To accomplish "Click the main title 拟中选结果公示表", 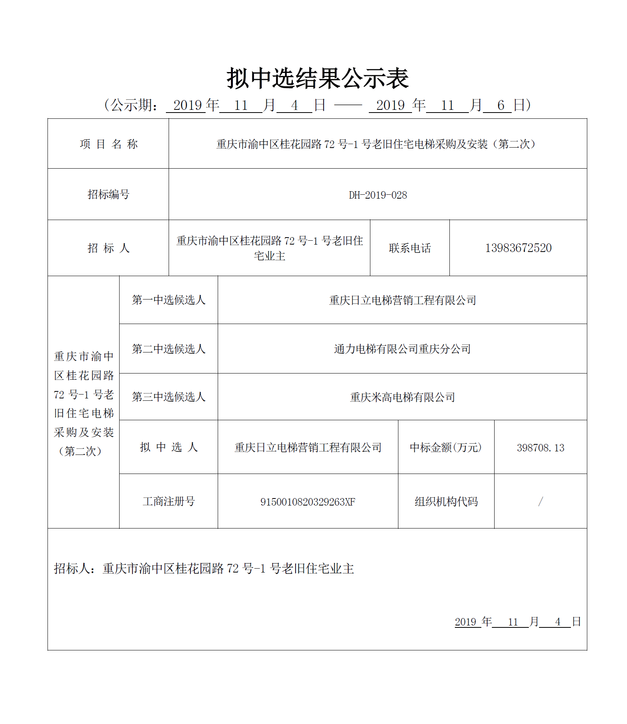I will [x=317, y=78].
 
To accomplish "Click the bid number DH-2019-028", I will [x=378, y=195].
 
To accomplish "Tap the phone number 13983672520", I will [x=518, y=248].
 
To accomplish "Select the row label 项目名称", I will [x=109, y=144].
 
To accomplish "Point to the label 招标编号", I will [x=108, y=194].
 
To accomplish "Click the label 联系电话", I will [x=410, y=248].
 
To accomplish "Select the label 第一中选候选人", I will [x=168, y=300].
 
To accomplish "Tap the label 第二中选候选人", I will [x=168, y=349].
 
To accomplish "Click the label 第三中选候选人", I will [x=168, y=397].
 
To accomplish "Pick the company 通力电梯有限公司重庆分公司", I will [x=402, y=349].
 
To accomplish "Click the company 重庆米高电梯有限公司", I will [x=402, y=397].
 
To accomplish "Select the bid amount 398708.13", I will [x=540, y=448].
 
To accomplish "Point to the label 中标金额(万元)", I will [x=446, y=447].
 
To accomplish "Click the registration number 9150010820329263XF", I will [x=308, y=502].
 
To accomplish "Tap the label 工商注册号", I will [x=168, y=502].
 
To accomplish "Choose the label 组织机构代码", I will [x=446, y=502].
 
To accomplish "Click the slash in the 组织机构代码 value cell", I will [x=540, y=502].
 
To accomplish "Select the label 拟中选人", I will [x=168, y=447].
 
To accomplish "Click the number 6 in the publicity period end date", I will [x=500, y=105].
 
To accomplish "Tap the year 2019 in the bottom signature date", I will [x=465, y=622].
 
